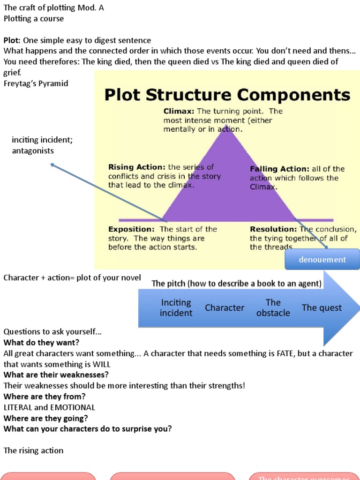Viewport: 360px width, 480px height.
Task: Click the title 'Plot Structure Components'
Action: click(227, 95)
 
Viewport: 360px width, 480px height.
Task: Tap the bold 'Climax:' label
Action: click(179, 112)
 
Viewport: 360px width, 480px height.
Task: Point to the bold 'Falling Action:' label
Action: click(279, 169)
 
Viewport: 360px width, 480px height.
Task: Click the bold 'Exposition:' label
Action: click(131, 229)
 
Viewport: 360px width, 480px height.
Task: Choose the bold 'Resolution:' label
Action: click(273, 229)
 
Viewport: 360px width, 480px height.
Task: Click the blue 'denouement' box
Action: click(322, 259)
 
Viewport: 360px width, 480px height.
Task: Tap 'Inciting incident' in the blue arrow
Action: click(176, 307)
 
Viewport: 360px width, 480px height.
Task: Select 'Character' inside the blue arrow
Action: click(225, 308)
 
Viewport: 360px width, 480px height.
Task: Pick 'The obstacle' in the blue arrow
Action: click(273, 307)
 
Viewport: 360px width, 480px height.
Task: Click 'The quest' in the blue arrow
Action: click(322, 308)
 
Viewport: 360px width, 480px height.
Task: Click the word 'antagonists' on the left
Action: click(33, 151)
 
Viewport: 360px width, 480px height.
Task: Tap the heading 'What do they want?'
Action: click(41, 343)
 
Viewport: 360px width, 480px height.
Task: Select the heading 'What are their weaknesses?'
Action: click(56, 375)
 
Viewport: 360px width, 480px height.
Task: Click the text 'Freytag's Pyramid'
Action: click(36, 83)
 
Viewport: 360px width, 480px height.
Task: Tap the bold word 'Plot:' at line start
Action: click(12, 40)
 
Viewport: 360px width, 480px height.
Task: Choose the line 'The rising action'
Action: click(33, 450)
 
